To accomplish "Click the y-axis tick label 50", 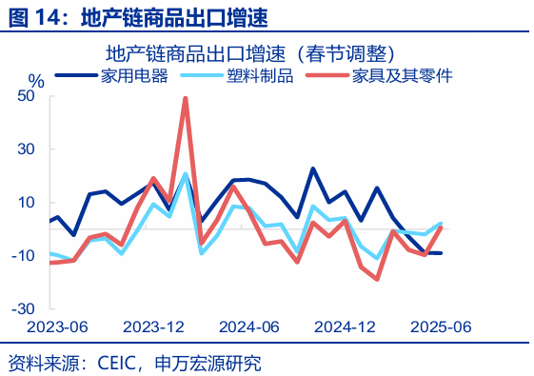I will (x=25, y=95).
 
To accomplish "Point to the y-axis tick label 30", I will (x=25, y=148).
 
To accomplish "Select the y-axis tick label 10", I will (x=25, y=202).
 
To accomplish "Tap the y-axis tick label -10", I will (x=22, y=255).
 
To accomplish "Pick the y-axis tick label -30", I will (x=22, y=308).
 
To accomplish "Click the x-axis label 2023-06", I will (x=56, y=327).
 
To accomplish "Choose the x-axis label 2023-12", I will (x=153, y=327).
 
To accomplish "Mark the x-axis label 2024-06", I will (x=249, y=327).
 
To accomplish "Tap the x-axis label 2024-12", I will (x=346, y=327).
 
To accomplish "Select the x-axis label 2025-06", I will (x=441, y=327).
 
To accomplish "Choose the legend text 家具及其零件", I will (x=401, y=75).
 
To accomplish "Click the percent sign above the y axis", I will (x=35, y=80).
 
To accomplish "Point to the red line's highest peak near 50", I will (x=185, y=98).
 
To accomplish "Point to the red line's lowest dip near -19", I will (x=377, y=279).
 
